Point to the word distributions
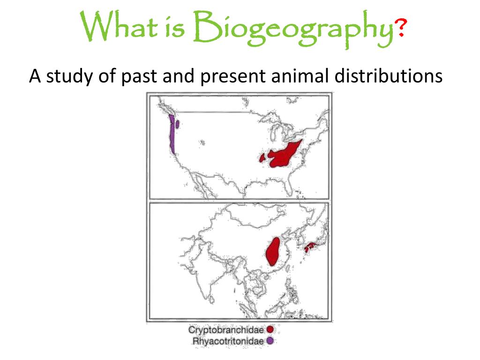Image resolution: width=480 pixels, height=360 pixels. [x=388, y=75]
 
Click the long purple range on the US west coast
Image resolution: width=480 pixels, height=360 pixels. [x=172, y=134]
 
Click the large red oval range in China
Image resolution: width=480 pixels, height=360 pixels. [x=273, y=251]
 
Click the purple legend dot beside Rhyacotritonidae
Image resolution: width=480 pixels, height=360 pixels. [x=270, y=341]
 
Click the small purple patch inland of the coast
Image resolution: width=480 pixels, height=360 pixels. [x=178, y=124]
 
